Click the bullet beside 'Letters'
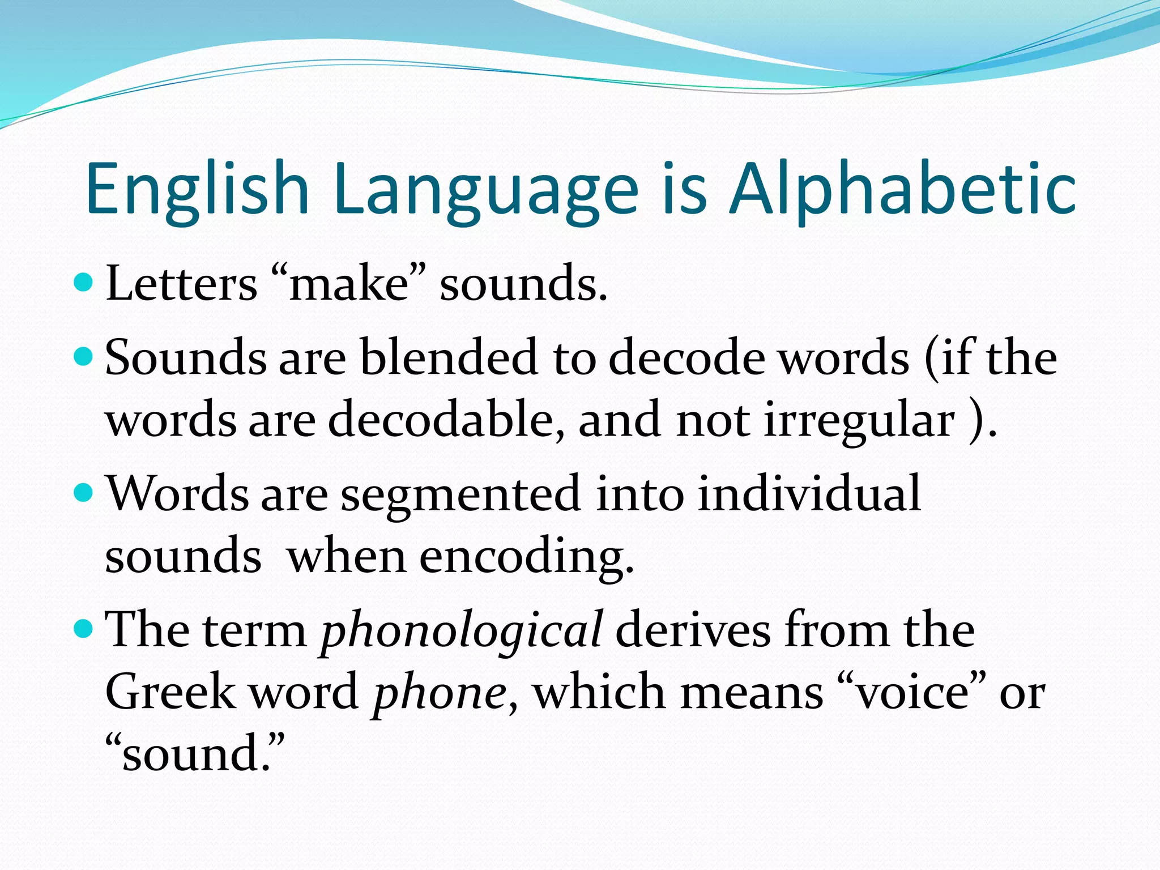coord(83,282)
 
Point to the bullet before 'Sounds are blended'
coord(83,356)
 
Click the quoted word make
coord(349,283)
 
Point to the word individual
coord(809,493)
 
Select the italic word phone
coord(440,693)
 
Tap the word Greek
coord(170,692)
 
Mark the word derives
coord(693,630)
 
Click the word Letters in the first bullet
coord(181,283)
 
